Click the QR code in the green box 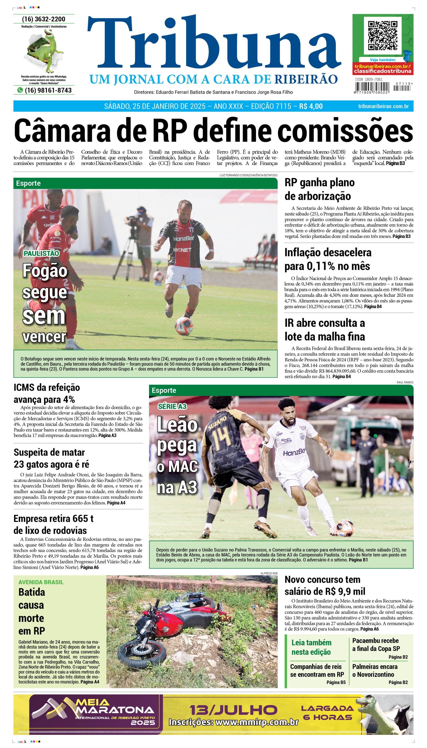pyautogui.click(x=383, y=36)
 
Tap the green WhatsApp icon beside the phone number pyautogui.click(x=20, y=90)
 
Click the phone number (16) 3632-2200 pyautogui.click(x=44, y=19)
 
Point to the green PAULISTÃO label pyautogui.click(x=41, y=253)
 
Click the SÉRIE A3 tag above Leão pyautogui.click(x=172, y=406)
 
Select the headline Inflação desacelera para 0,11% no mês pyautogui.click(x=328, y=259)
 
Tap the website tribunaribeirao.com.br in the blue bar pyautogui.click(x=383, y=106)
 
